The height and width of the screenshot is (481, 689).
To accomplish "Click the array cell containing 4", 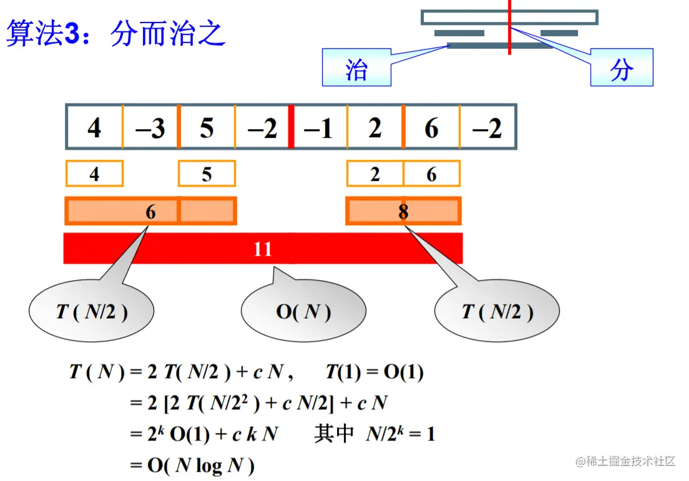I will pyautogui.click(x=94, y=129).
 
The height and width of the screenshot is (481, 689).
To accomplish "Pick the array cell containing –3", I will pyautogui.click(x=150, y=129).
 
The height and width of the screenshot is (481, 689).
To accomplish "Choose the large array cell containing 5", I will pyautogui.click(x=207, y=129).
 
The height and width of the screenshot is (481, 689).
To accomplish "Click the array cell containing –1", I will pyautogui.click(x=319, y=129).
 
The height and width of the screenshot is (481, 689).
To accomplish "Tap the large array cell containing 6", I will pyautogui.click(x=431, y=129).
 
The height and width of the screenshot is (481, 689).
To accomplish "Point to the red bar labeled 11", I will pyautogui.click(x=263, y=249).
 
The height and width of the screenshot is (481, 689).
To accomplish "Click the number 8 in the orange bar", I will pyautogui.click(x=403, y=212).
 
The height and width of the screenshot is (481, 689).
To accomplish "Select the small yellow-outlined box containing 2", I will pyautogui.click(x=374, y=174).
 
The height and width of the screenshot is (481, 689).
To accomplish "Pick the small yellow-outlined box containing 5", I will pyautogui.click(x=207, y=174).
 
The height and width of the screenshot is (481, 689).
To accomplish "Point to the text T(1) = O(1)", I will pyautogui.click(x=374, y=372).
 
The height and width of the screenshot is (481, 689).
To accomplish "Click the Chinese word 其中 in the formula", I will pyautogui.click(x=334, y=434).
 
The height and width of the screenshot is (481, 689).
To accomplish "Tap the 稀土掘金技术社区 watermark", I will pyautogui.click(x=626, y=461).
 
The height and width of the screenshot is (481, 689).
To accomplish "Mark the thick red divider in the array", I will pyautogui.click(x=291, y=129).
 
